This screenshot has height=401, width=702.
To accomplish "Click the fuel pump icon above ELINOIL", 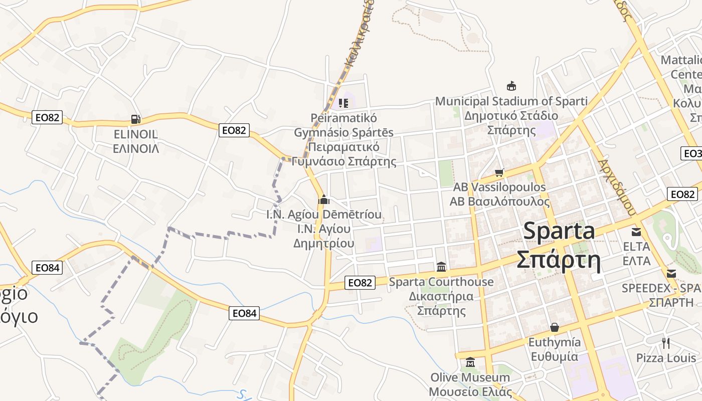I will pos(135,119).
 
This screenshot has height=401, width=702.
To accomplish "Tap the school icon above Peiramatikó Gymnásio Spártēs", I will pos(343,103).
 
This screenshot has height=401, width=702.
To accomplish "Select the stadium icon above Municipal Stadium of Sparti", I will pos(511,86).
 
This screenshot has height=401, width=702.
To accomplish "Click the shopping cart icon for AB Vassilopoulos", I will pos(499,173).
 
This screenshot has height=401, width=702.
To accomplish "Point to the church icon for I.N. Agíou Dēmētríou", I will pos(323,199).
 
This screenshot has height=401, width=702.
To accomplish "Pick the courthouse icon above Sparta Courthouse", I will pos(441,267).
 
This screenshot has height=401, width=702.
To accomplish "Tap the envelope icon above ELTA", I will pos(636,232).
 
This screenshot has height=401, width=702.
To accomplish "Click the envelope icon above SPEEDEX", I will pos(671,274).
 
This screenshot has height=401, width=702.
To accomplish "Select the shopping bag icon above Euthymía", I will pos(555,327).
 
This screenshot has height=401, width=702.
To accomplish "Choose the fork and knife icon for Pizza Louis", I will pos(666,343).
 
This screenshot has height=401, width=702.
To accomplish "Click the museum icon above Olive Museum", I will pos(470,362).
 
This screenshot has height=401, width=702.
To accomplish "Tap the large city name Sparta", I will pos(559,231).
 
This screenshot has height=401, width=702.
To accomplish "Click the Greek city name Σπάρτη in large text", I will pos(559,260).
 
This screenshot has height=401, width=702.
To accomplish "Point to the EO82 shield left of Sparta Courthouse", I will pos(360,283).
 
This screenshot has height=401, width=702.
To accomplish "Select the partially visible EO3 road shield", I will pos(692,153).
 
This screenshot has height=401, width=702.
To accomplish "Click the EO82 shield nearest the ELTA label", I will pos(682,194).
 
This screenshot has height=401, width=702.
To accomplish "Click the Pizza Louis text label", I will pos(666,358).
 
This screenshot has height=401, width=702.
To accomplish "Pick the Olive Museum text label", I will pos(470,377).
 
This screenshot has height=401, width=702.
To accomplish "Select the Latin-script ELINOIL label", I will pos(135,134).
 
